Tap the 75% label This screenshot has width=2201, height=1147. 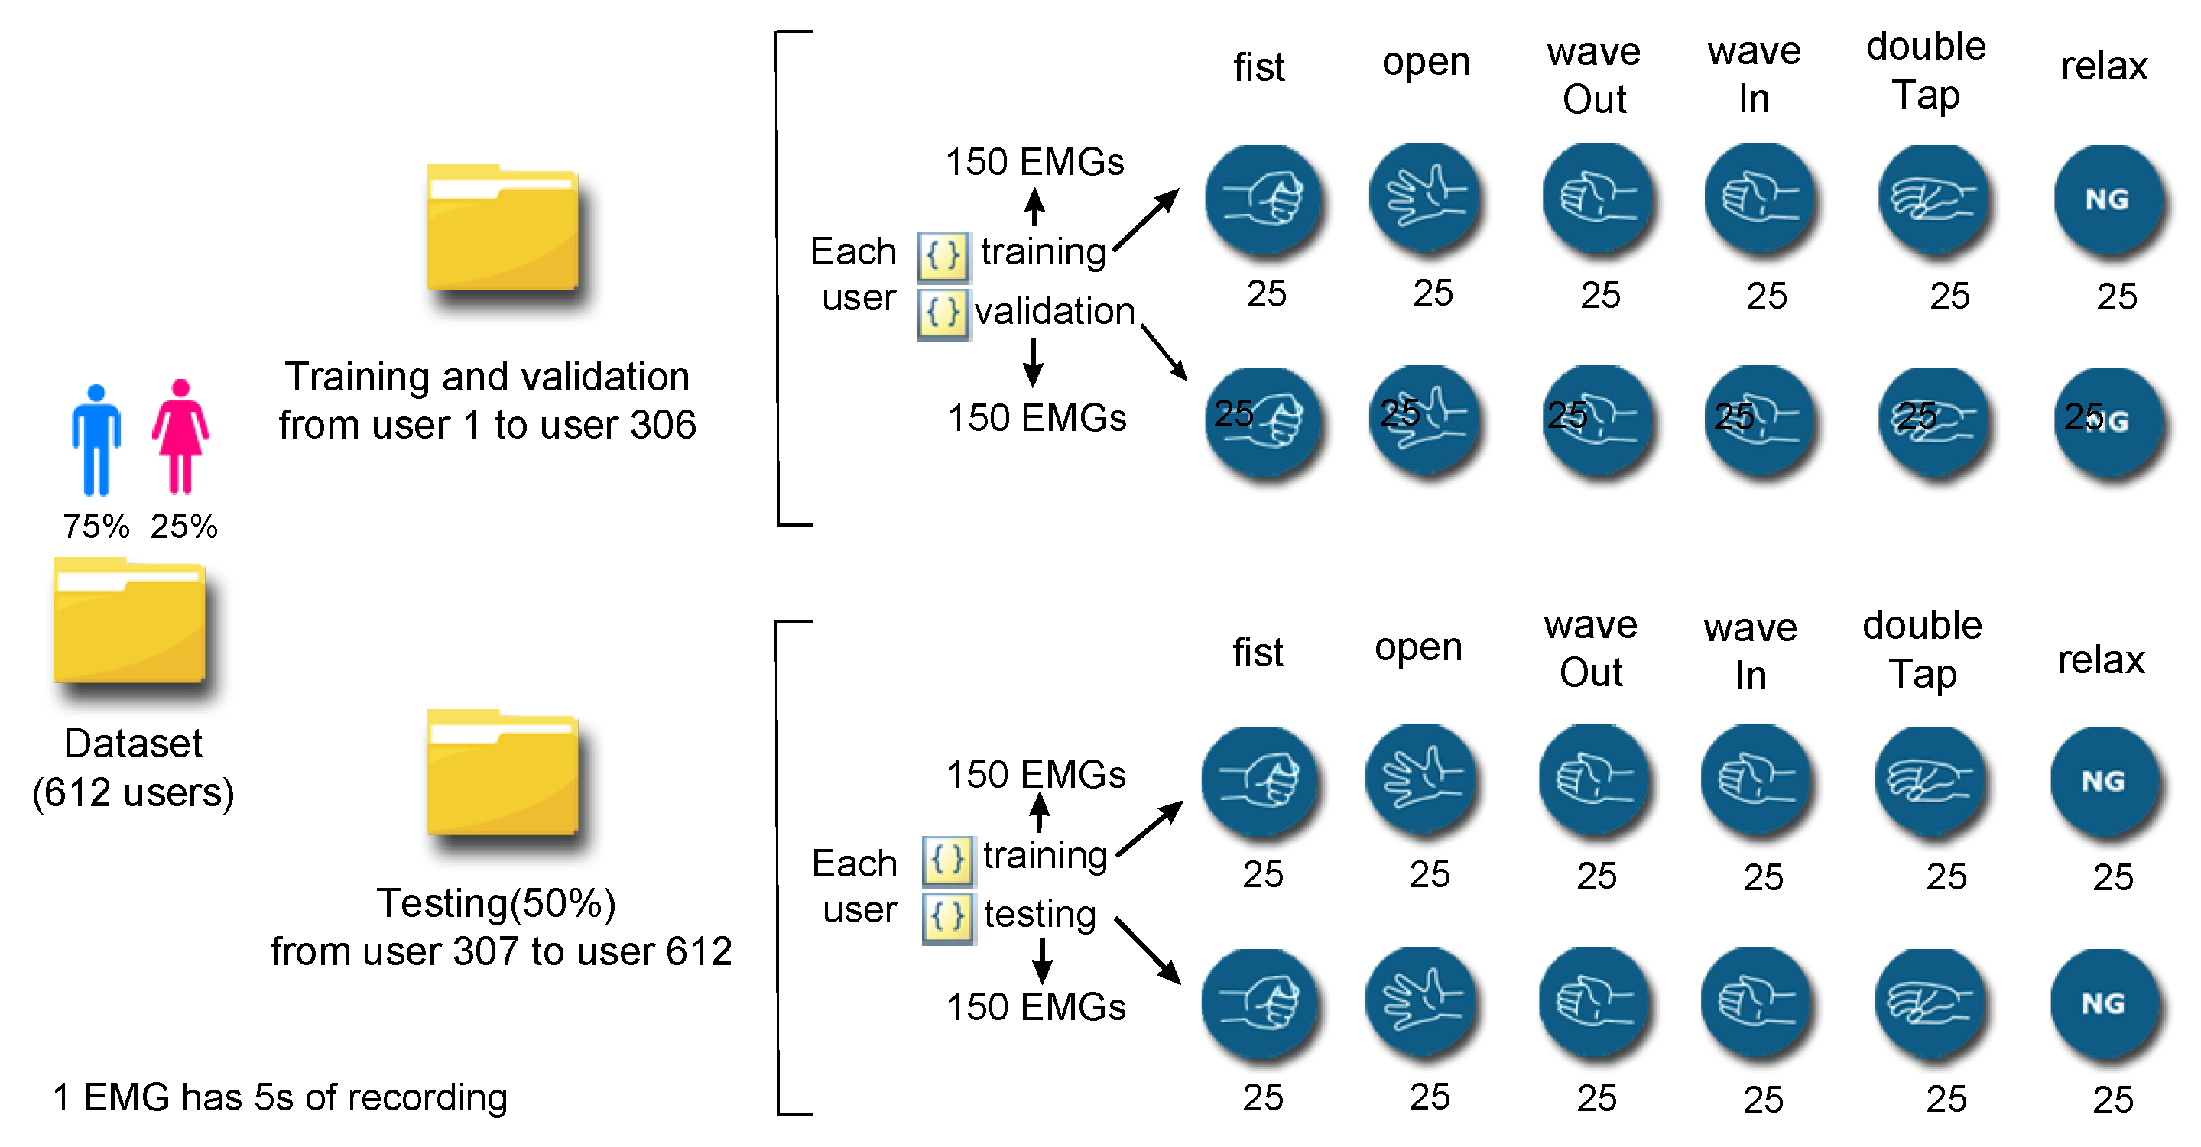coord(96,526)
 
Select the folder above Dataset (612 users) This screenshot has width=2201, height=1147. coord(129,621)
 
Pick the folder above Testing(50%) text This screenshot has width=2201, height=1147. coord(502,773)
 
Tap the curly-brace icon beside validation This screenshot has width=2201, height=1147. coord(943,313)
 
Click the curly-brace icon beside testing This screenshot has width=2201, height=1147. coord(947,917)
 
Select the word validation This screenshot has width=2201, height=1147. coord(1054,312)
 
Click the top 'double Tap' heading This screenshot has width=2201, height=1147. coord(1925,70)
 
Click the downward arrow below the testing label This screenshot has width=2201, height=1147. coord(1041,960)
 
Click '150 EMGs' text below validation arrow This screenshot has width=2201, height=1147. coord(1037,419)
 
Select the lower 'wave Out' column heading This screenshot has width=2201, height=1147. coord(1590,649)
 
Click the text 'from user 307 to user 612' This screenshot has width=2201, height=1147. coord(501,951)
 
